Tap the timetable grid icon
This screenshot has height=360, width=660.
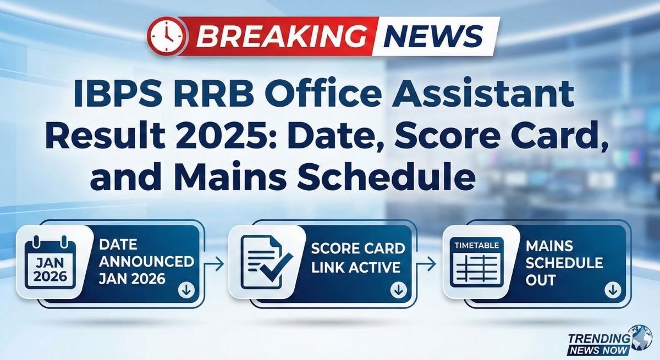pos(472,262)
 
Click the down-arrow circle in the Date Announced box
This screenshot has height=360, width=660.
pos(185,291)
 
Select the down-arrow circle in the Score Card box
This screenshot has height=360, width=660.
pos(398,291)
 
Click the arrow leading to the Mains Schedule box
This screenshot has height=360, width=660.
pos(429,264)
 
